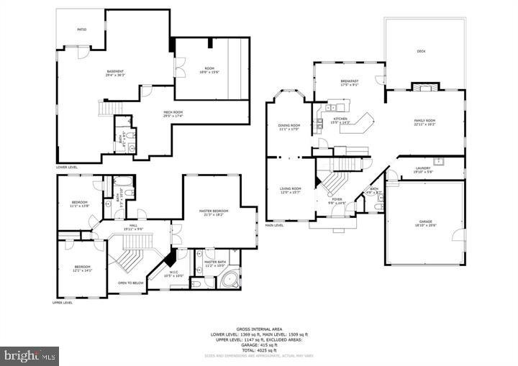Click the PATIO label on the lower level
point(82,29)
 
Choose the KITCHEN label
point(340,119)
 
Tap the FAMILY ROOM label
point(424,122)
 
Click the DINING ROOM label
point(289,127)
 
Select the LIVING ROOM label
point(290,190)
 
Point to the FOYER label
point(337,201)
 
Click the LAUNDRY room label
point(422,170)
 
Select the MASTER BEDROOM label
point(214,211)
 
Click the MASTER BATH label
point(216,262)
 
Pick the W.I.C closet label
point(173,273)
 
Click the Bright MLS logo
point(30,355)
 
